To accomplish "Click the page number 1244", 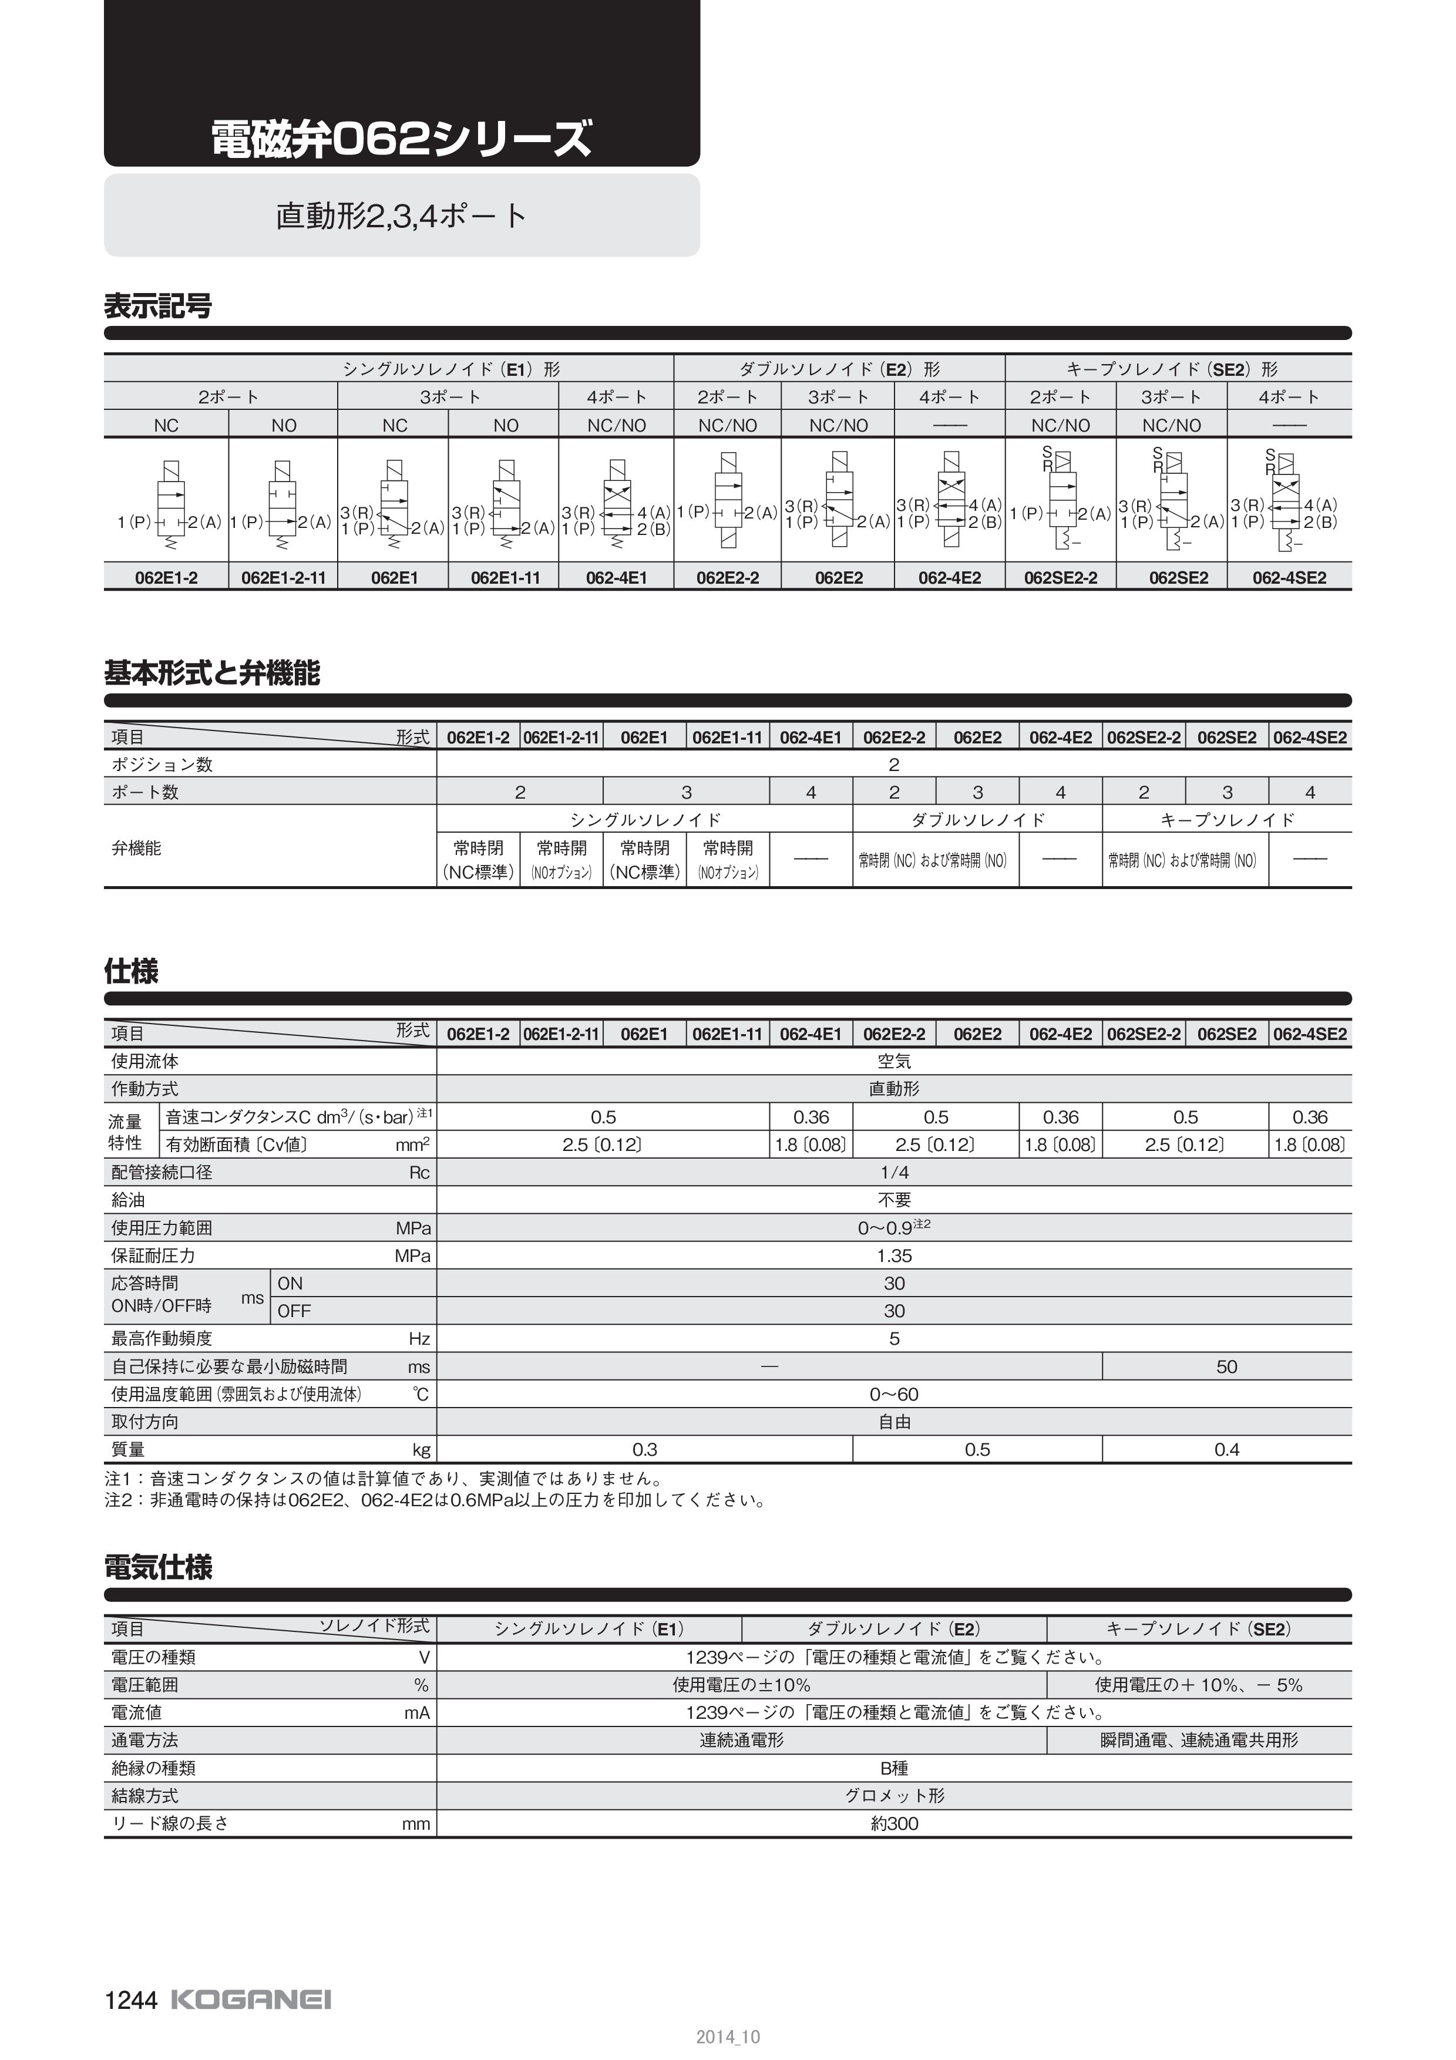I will [x=131, y=2001].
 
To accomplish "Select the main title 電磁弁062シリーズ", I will [x=401, y=139].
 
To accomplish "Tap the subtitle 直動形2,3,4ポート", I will [x=401, y=216].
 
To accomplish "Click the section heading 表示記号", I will [x=158, y=307].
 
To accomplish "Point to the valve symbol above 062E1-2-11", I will [x=283, y=503].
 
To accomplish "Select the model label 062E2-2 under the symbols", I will [x=728, y=578].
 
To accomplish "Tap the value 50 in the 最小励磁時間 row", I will [x=1226, y=1366].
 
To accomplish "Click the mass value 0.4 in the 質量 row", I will [x=1226, y=1450].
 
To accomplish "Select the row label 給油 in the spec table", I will [x=128, y=1200].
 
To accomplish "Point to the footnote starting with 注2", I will [x=436, y=1500].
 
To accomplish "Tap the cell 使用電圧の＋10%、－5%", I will [x=1199, y=1685].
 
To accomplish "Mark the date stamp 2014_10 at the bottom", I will [x=728, y=2037].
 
